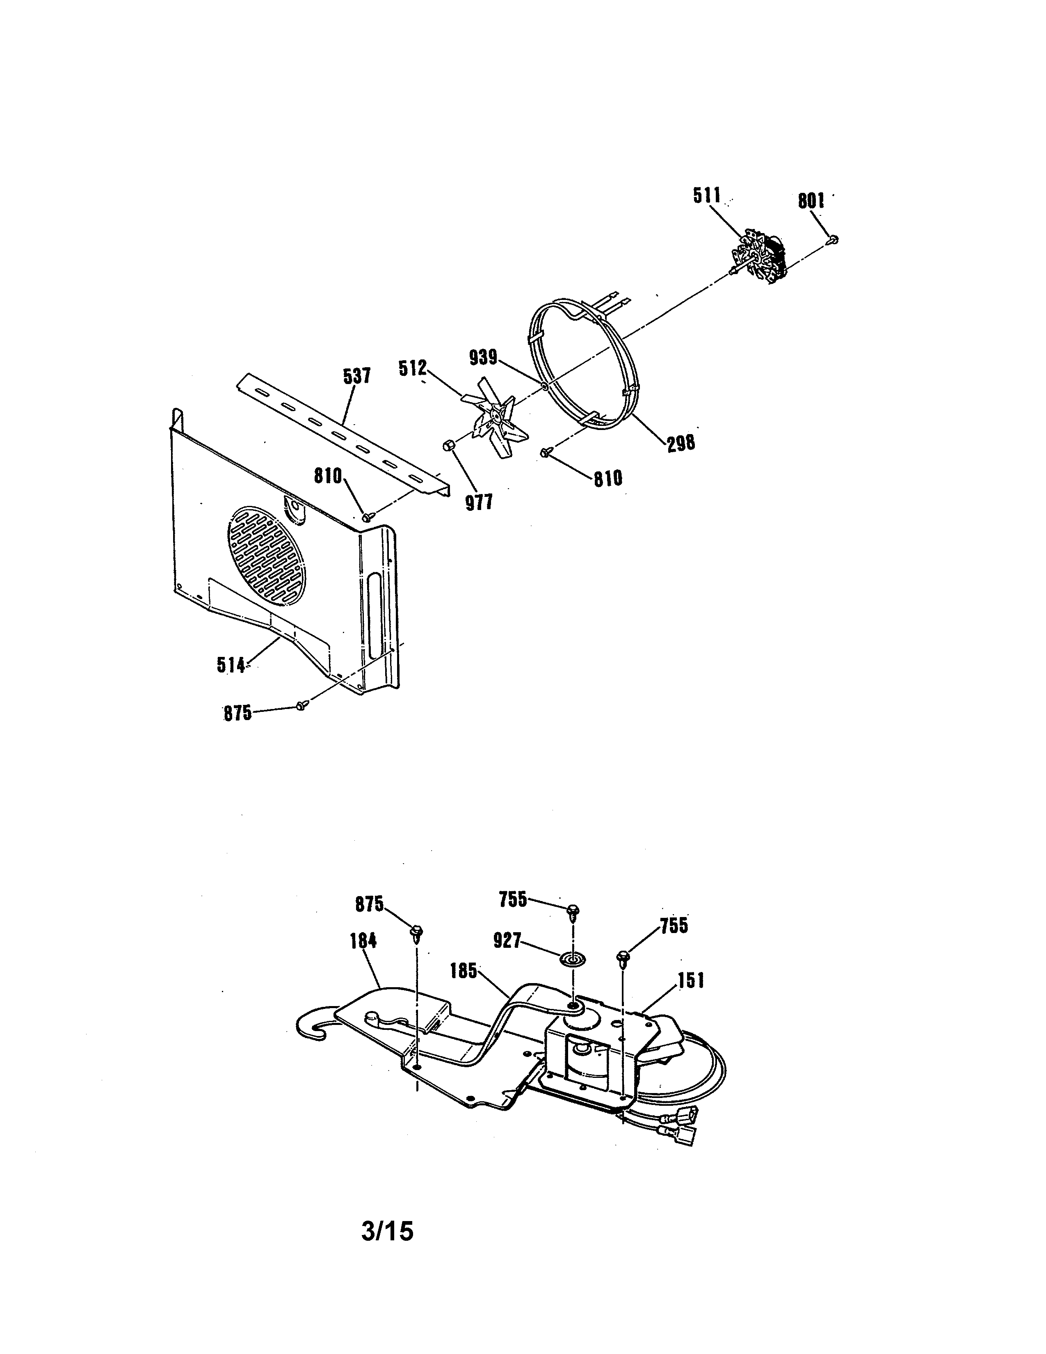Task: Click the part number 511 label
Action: pos(706,196)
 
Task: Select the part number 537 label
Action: pos(357,376)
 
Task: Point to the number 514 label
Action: pos(231,665)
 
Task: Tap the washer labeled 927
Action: pos(573,959)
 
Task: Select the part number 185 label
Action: pos(464,970)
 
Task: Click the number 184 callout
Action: pos(363,940)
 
